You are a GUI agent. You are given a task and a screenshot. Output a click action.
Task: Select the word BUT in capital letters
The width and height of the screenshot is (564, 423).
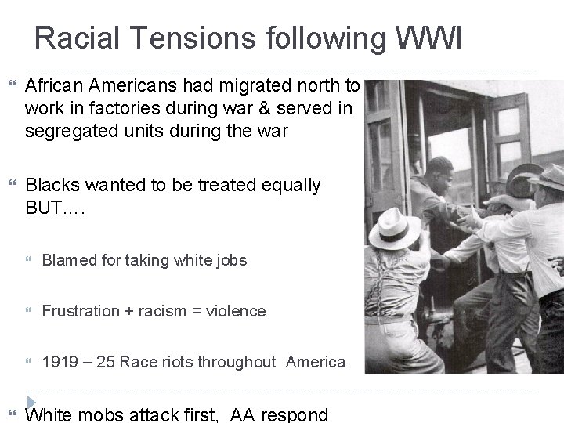click(x=46, y=208)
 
